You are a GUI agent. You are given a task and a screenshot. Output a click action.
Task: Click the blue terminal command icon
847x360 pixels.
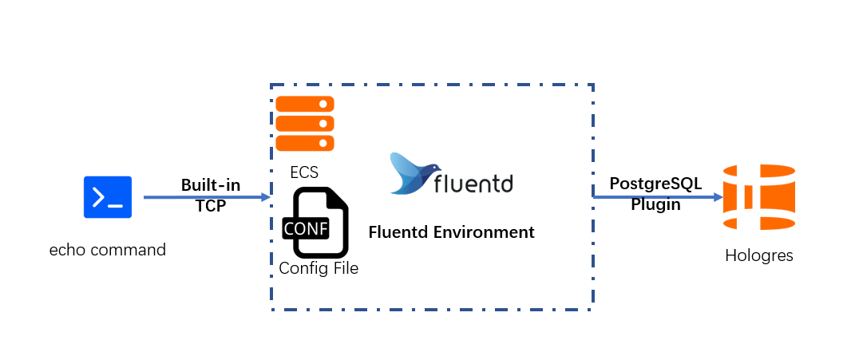[108, 197]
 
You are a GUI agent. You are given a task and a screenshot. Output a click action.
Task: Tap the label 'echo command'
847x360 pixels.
[107, 249]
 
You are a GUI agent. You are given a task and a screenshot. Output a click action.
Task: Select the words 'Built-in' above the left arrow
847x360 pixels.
[211, 185]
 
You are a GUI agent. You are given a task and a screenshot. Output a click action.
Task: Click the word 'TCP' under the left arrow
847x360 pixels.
[211, 205]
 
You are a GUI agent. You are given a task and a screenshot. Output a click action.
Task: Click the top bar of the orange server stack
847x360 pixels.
[305, 105]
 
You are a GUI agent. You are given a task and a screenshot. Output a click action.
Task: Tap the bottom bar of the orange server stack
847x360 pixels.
[305, 143]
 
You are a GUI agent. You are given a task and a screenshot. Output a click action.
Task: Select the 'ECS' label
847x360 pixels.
[305, 172]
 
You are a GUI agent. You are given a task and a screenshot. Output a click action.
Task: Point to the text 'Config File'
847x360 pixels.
[319, 268]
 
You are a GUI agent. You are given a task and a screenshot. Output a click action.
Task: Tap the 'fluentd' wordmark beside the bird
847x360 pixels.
[473, 184]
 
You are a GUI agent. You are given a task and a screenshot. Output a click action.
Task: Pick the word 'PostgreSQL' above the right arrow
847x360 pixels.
[655, 184]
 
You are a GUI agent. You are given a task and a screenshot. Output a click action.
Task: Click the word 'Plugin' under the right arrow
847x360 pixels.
[655, 204]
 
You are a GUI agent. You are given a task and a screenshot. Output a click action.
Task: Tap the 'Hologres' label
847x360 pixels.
[759, 255]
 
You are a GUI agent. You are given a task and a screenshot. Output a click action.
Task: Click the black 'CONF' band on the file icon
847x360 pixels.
[306, 228]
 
